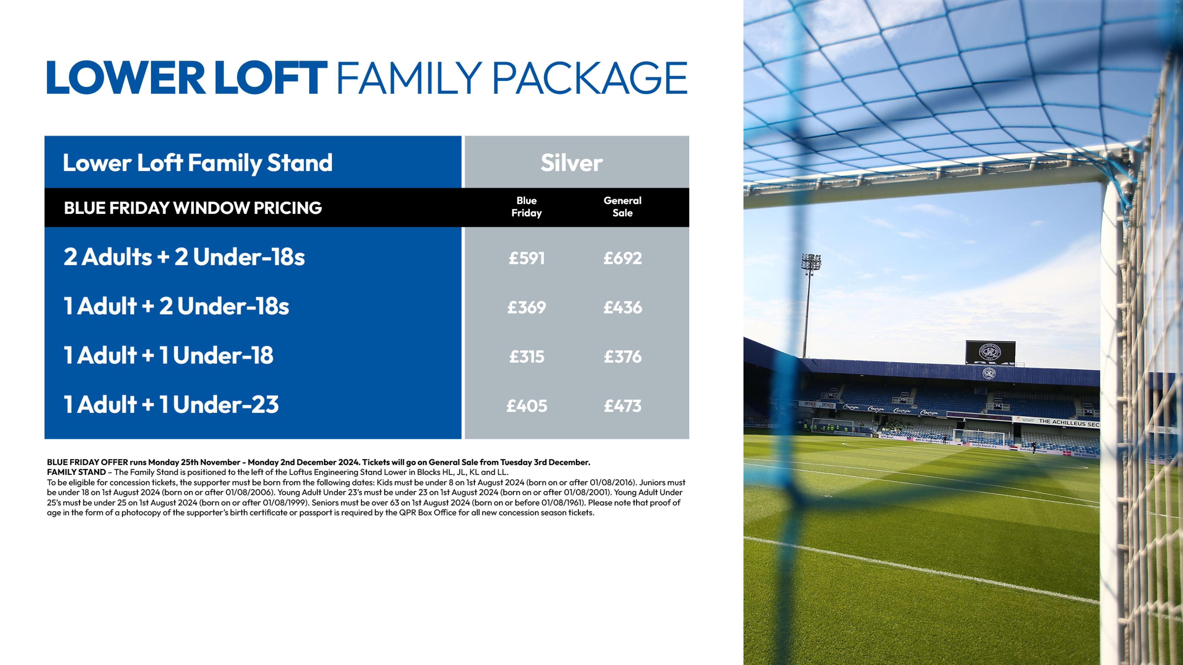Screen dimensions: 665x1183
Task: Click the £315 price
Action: click(x=526, y=356)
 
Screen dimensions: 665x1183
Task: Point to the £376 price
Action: click(x=622, y=356)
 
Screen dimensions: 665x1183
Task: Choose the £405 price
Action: click(x=526, y=406)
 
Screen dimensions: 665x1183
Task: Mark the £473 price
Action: click(x=622, y=406)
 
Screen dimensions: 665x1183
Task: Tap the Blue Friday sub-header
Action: click(x=526, y=207)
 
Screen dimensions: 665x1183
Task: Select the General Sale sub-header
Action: click(x=622, y=207)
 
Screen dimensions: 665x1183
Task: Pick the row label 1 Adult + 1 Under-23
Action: click(x=171, y=405)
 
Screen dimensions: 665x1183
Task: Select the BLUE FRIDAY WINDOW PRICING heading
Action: click(x=193, y=208)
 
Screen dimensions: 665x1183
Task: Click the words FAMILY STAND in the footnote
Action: click(x=76, y=472)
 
